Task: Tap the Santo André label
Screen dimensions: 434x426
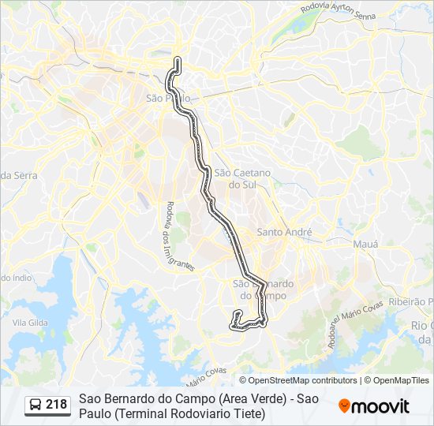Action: click(285, 232)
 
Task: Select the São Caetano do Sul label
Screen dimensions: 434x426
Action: click(242, 178)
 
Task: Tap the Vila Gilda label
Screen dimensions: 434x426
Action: click(31, 323)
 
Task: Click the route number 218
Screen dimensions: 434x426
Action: click(56, 405)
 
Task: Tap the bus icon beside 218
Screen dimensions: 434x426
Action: click(36, 405)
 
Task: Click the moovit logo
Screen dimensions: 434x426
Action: click(374, 406)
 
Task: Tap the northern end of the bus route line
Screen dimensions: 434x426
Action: click(178, 60)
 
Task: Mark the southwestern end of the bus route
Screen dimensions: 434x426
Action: click(234, 323)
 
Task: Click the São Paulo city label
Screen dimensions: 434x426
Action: click(165, 99)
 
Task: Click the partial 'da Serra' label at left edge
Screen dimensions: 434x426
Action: click(17, 174)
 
